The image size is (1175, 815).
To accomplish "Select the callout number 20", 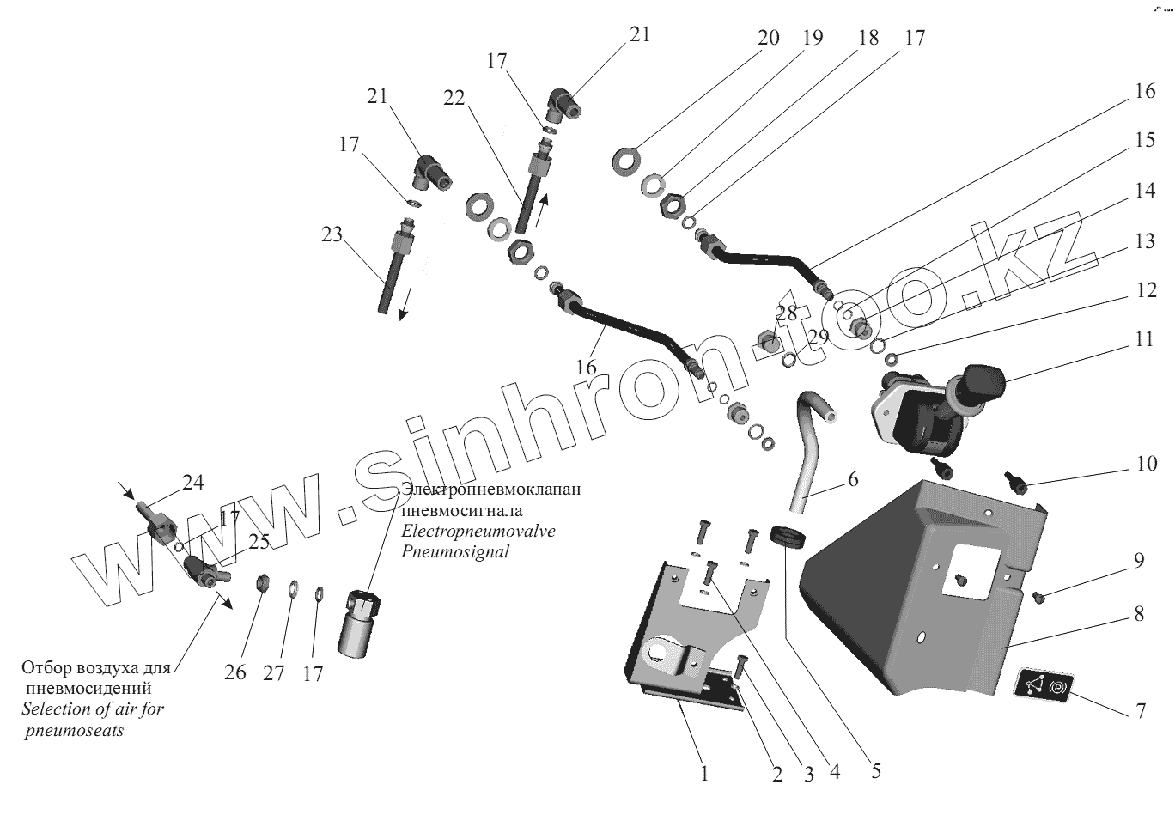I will tap(768, 38).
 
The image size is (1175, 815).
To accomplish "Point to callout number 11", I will tap(1143, 338).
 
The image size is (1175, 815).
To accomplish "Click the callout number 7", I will tap(1141, 712).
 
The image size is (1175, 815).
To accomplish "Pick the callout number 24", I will tap(193, 483).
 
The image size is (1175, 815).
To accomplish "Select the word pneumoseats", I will tap(74, 731).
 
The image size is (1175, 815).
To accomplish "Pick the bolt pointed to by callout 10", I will tap(1016, 483).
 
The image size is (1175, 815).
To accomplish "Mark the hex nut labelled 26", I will tap(262, 585).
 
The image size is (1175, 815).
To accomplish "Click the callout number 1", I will tap(704, 774).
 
